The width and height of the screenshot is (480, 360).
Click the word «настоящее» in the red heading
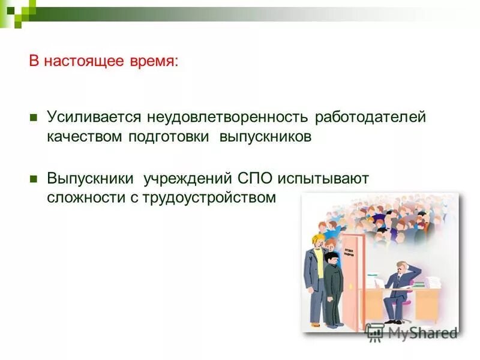(86, 62)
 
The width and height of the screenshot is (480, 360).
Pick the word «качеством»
(85, 136)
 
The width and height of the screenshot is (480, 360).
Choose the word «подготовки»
(169, 136)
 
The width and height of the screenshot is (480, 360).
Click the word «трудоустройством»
(209, 198)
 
